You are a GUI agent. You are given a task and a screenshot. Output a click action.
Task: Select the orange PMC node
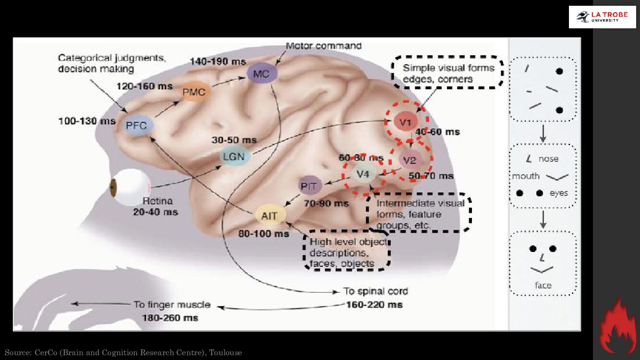[x=194, y=92]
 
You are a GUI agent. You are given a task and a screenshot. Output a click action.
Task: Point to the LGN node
[x=234, y=156]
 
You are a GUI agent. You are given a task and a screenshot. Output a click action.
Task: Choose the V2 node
[x=410, y=160]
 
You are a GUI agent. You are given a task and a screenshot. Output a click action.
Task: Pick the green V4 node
[x=362, y=174]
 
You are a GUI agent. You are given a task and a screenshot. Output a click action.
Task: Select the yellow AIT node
[x=270, y=216]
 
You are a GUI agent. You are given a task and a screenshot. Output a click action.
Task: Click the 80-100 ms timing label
[x=264, y=234]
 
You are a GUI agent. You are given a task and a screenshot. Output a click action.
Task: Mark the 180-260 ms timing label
[x=170, y=318]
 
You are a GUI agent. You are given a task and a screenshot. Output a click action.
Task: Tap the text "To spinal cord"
[x=375, y=291]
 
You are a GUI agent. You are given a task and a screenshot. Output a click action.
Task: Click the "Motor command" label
[x=324, y=46]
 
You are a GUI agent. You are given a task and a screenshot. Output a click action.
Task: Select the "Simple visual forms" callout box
[x=447, y=73]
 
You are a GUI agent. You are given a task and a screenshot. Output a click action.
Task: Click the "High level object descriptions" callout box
[x=347, y=252]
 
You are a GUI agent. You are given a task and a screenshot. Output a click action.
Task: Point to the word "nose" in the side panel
[x=548, y=159]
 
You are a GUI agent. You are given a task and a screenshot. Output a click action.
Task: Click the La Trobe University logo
[x=602, y=17]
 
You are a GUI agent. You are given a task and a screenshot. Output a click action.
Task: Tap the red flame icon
[x=617, y=326]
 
